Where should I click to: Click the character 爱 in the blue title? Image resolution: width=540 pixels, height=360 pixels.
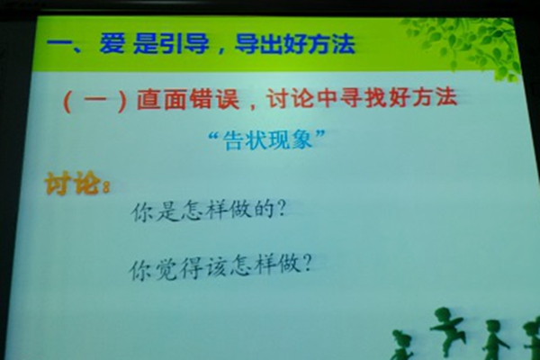(112, 43)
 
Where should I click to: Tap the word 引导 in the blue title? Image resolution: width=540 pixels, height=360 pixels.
(184, 44)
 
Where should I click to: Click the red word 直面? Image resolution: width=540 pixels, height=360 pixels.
(161, 99)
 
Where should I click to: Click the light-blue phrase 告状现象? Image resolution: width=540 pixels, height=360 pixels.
(268, 140)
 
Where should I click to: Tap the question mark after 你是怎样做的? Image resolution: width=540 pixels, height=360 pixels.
(281, 209)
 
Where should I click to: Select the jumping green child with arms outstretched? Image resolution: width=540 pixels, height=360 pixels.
(446, 330)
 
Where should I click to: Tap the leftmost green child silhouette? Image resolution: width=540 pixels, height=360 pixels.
(402, 346)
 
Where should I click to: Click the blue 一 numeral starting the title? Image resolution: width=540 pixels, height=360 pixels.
(58, 44)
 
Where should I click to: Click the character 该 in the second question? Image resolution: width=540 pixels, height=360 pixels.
(217, 267)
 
